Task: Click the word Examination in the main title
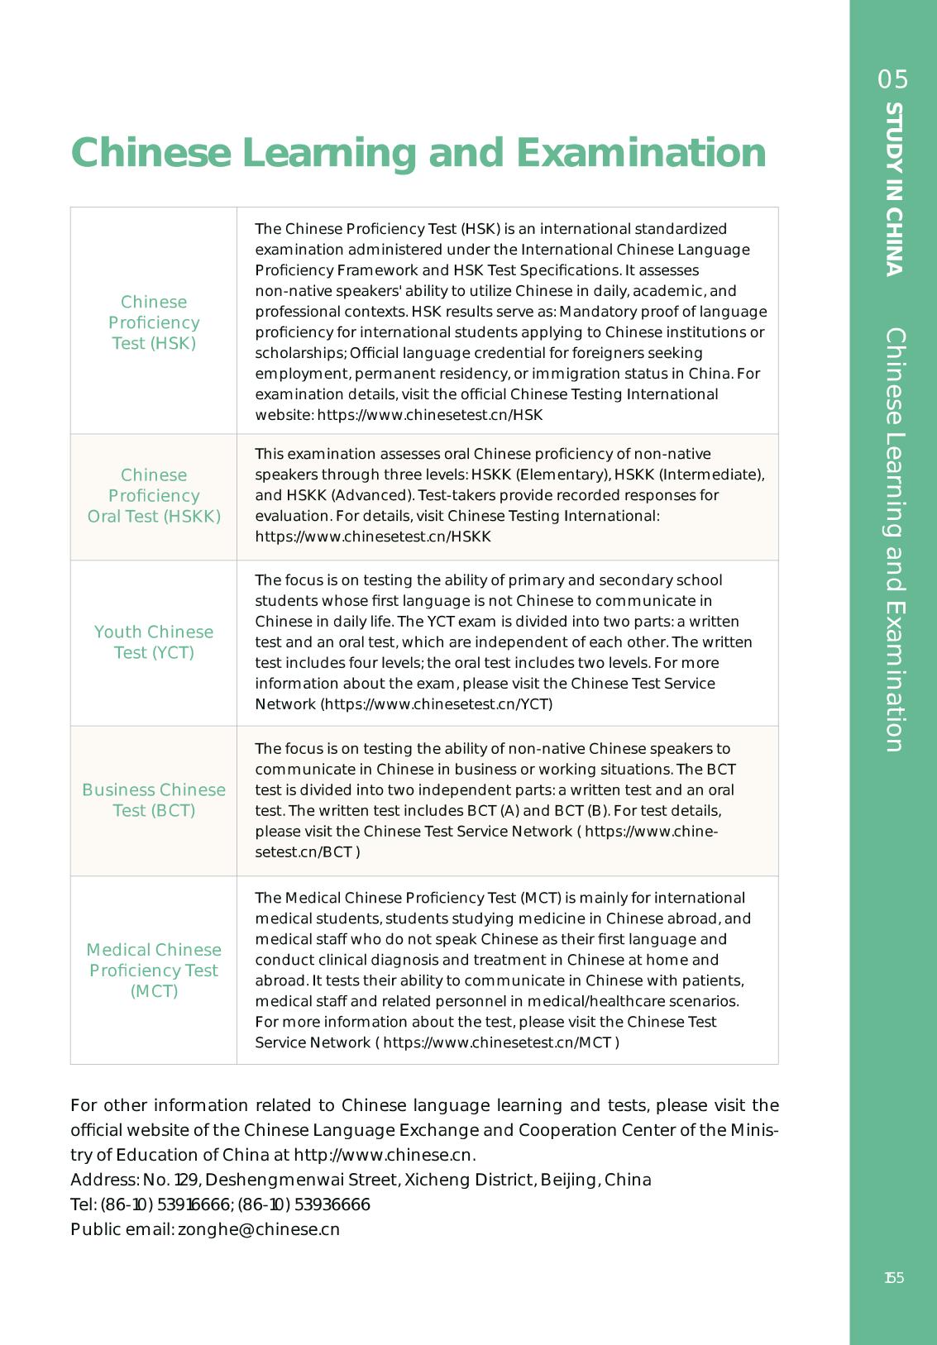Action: (641, 153)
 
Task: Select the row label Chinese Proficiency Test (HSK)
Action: (154, 322)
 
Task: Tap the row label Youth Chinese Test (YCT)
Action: (154, 642)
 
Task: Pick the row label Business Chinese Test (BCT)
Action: (154, 800)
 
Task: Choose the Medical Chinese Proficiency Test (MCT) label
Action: (154, 971)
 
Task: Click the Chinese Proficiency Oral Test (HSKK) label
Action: (154, 496)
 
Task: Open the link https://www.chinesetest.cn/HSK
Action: (430, 415)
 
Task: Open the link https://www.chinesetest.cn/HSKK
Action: (373, 537)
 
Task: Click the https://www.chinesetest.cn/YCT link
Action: (437, 704)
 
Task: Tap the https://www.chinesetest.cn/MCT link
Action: (497, 1042)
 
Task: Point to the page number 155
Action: (894, 1278)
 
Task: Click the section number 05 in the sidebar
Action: (893, 79)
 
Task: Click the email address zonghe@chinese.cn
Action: (259, 1229)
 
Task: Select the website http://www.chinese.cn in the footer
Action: (384, 1155)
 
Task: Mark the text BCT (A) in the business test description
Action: (494, 810)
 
